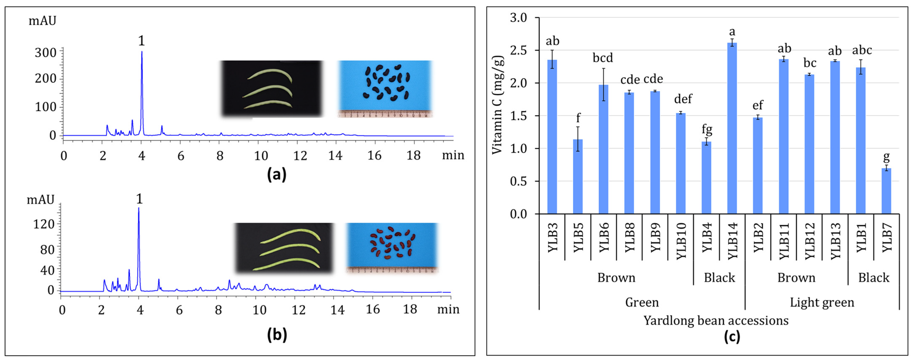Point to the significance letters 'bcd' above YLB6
point(602,58)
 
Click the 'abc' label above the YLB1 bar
point(862,50)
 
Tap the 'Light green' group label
point(822,302)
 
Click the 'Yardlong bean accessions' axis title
point(716,320)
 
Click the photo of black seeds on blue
point(385,89)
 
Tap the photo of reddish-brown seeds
point(392,248)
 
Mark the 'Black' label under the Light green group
point(873,278)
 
